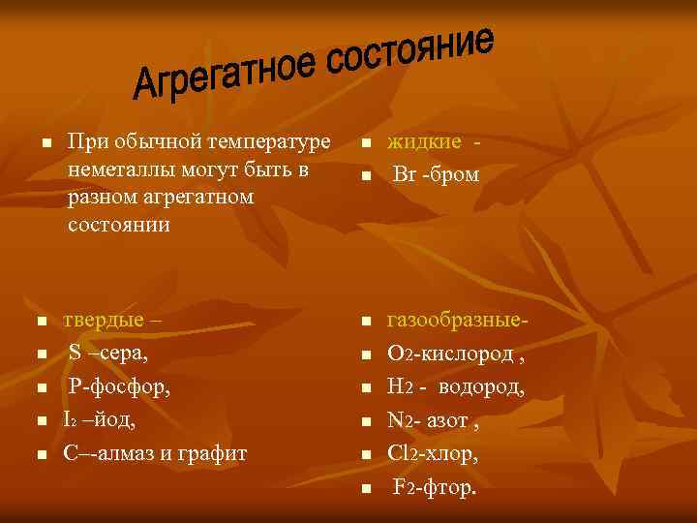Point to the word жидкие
coord(424,142)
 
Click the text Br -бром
coord(435,175)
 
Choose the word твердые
coord(105,320)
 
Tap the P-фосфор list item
coord(118,387)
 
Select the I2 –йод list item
coord(99,420)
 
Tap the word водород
coord(481,387)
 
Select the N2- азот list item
coord(433,420)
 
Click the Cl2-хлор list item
coord(432,452)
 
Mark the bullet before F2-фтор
coord(365,488)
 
